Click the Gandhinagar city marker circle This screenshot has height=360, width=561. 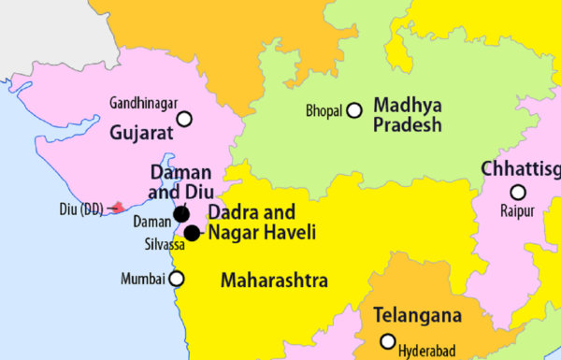(184, 119)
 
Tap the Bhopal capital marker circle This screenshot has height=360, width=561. (354, 110)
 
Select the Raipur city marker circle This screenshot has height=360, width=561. (517, 192)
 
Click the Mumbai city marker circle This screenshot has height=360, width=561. (176, 278)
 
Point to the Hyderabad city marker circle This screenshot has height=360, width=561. (388, 341)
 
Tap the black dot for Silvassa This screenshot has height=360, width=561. (192, 233)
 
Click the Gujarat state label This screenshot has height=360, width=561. (142, 134)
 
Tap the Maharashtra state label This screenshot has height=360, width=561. (273, 280)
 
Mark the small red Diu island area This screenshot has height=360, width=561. (117, 207)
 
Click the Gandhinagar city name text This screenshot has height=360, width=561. (141, 101)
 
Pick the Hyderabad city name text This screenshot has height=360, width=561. (427, 351)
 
